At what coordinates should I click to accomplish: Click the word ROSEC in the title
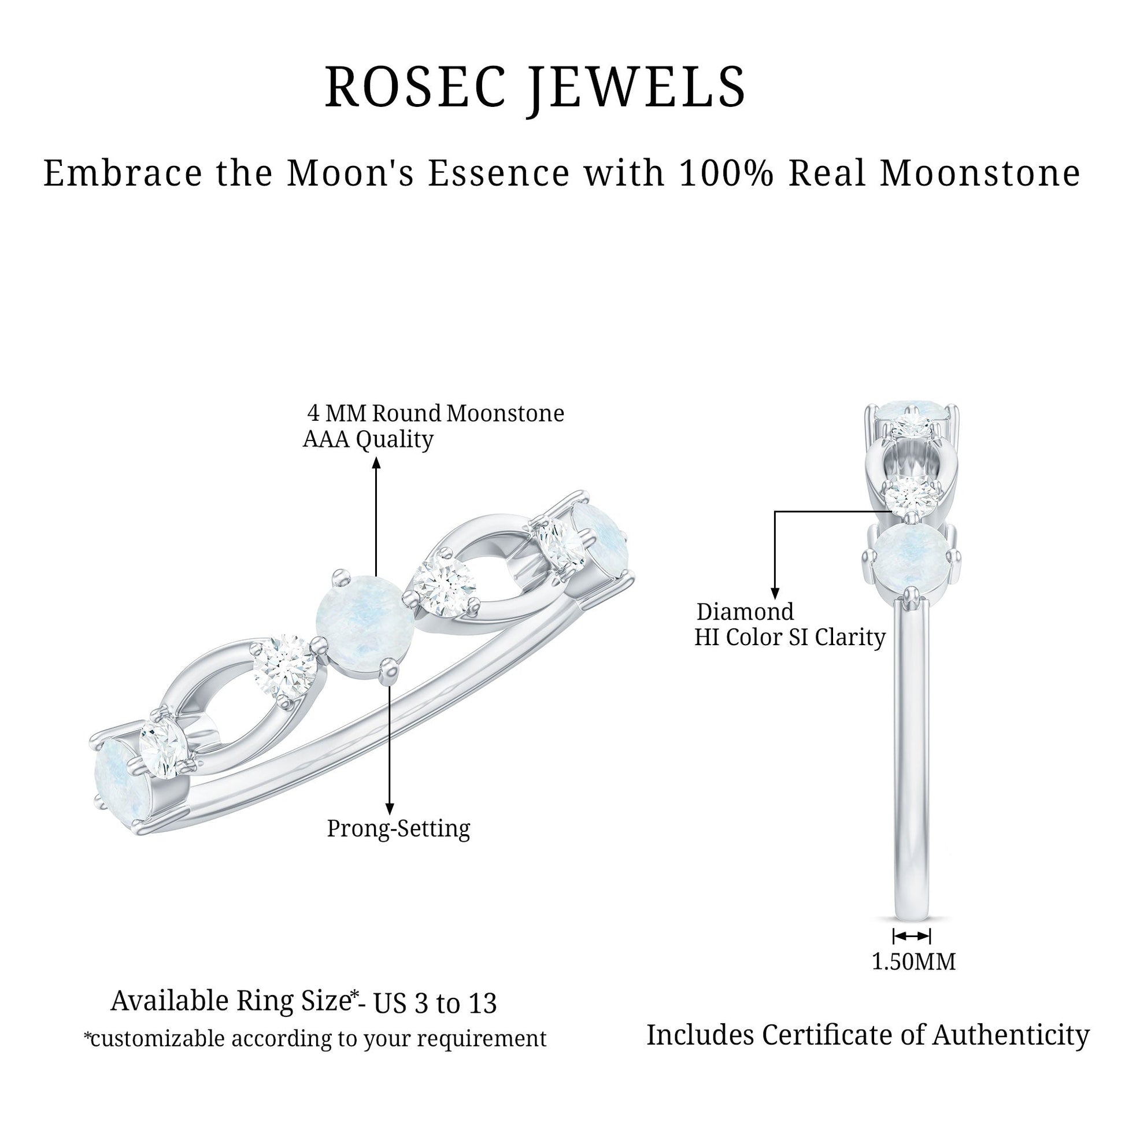[416, 87]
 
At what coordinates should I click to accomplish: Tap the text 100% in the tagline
[726, 173]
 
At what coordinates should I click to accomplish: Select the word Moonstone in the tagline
[980, 173]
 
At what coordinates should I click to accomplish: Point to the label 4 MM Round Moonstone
[435, 413]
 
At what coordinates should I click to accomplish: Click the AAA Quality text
[368, 439]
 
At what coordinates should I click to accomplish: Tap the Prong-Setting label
[398, 828]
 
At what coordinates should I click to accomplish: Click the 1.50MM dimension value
[913, 961]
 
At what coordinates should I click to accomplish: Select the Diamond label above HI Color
[745, 612]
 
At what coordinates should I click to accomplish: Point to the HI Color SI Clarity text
[790, 637]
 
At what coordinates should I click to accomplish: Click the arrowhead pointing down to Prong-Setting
[390, 808]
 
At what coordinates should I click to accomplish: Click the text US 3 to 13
[435, 1002]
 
